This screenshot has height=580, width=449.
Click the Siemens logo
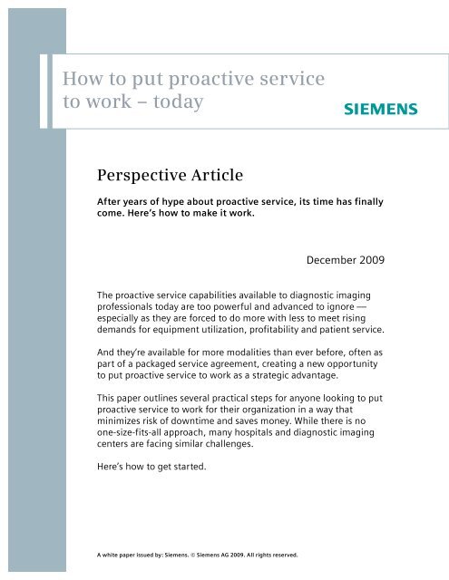(x=381, y=110)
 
